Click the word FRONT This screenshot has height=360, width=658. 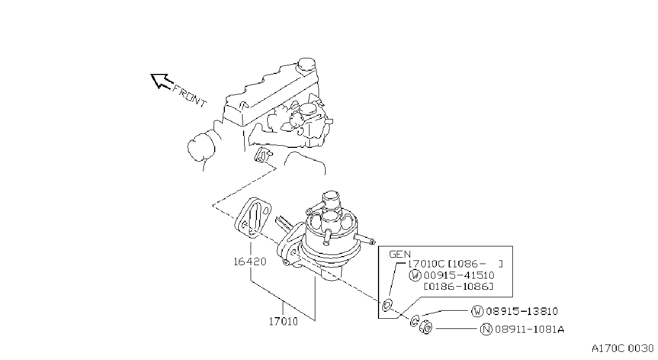(190, 96)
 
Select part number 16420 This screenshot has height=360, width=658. (249, 261)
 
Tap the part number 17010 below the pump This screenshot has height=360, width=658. (283, 321)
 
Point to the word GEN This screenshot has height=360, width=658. (400, 254)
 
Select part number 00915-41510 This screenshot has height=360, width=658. (459, 275)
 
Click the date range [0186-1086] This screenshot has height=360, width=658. (458, 286)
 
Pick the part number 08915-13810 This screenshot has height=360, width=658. (521, 311)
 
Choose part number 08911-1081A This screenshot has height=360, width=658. (530, 329)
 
